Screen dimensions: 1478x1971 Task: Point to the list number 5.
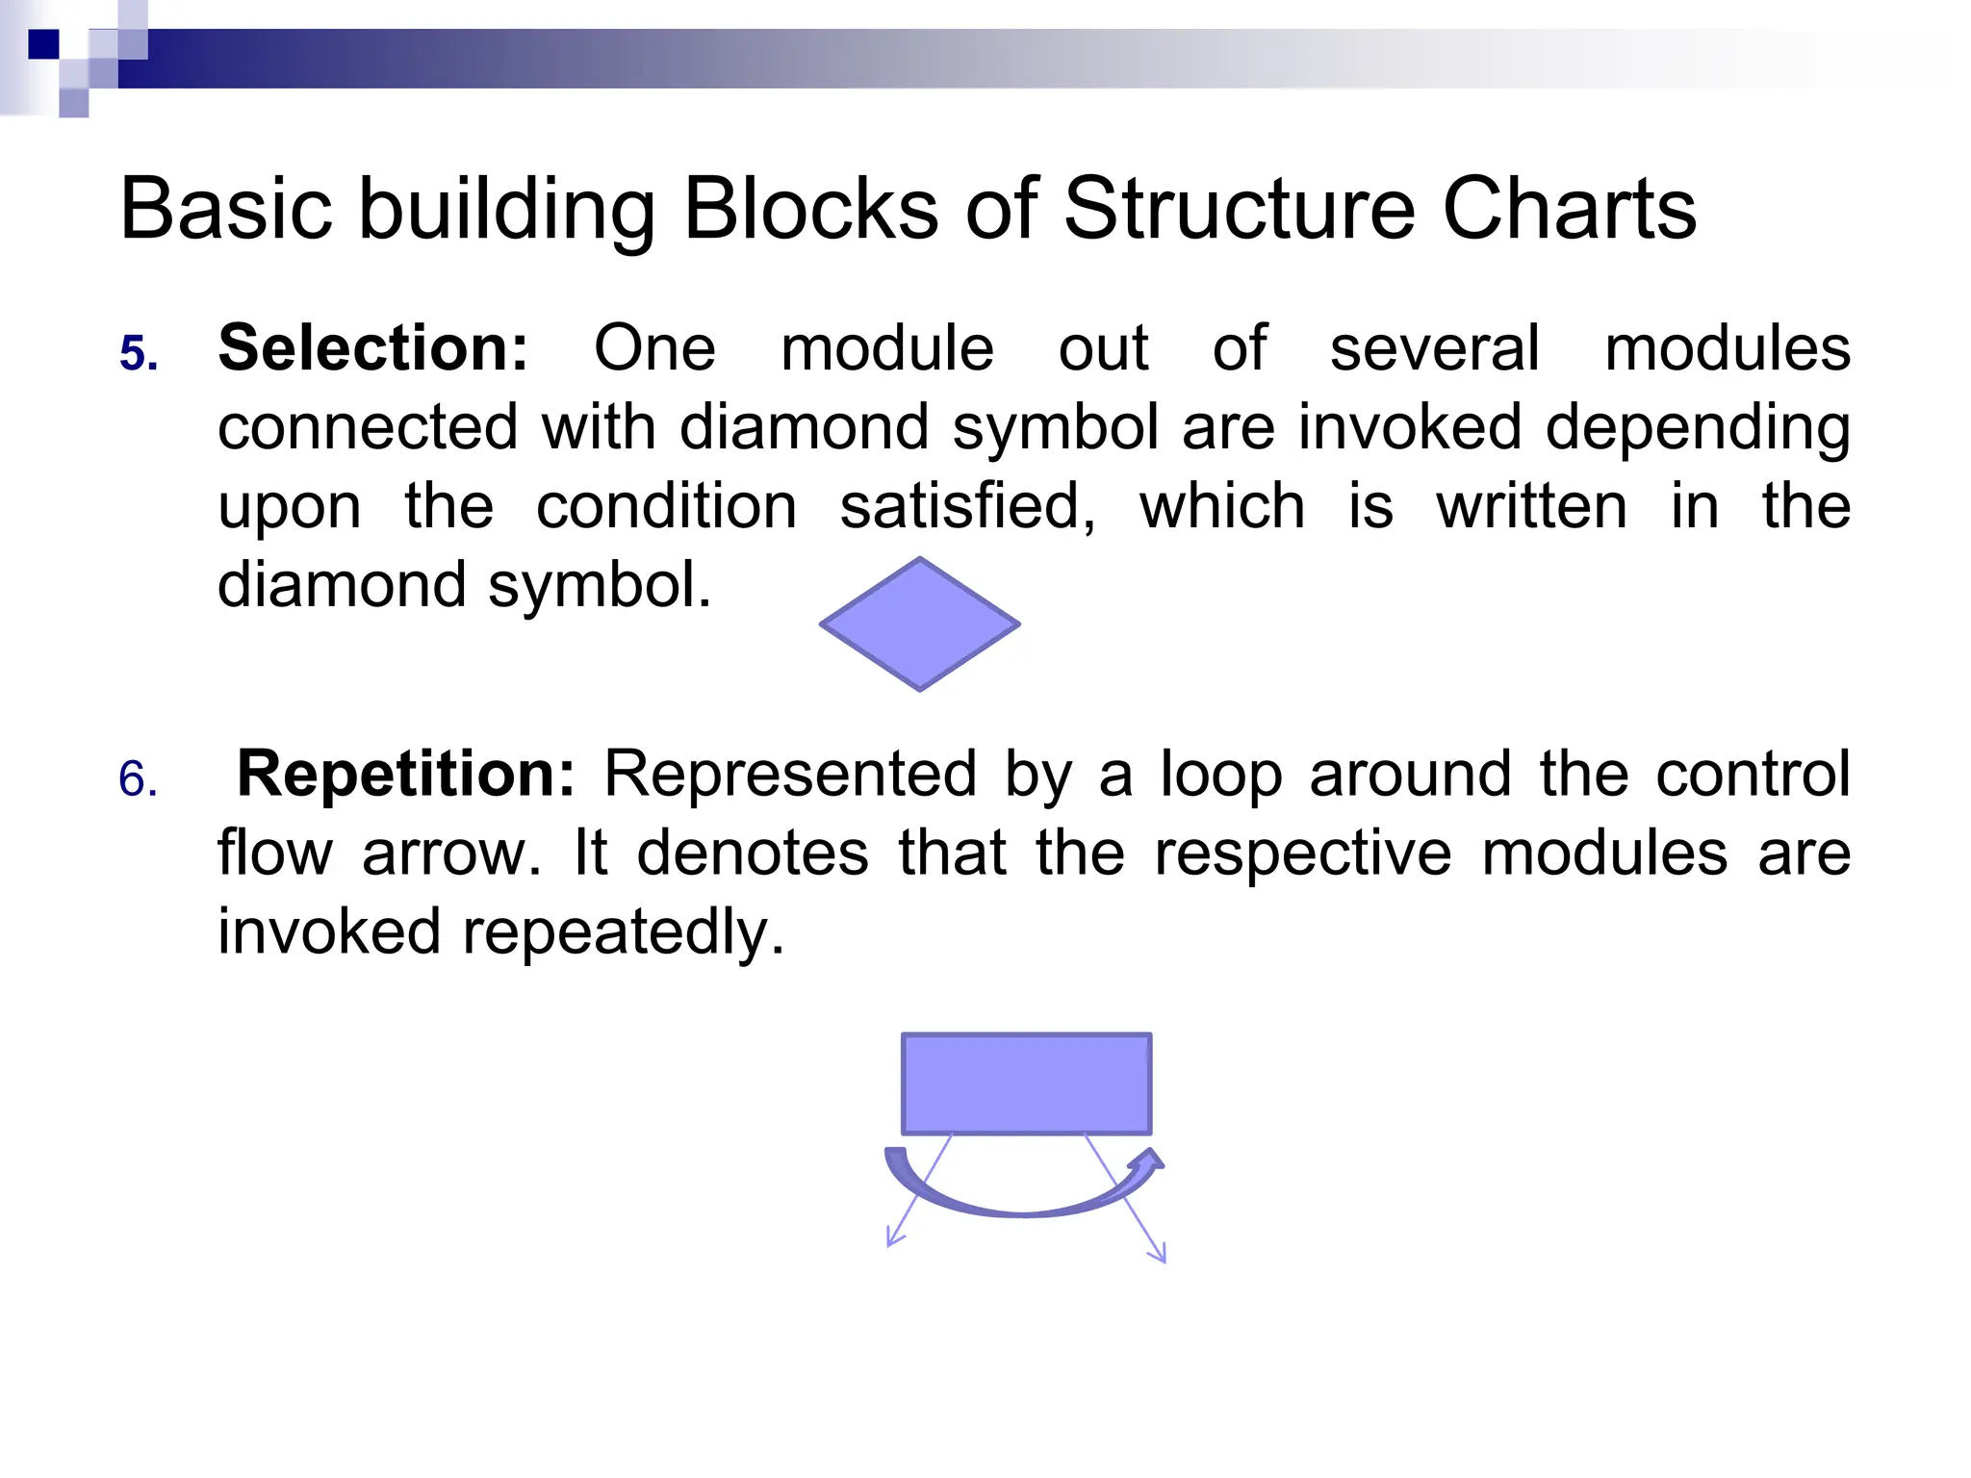point(138,354)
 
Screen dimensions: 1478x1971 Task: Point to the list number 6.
point(138,779)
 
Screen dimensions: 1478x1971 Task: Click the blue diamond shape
point(920,624)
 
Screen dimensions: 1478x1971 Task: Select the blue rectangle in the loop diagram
point(1026,1083)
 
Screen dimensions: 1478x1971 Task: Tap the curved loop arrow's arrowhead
point(1150,1159)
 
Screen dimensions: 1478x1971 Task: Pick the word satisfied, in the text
point(967,507)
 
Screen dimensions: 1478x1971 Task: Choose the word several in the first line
point(1434,347)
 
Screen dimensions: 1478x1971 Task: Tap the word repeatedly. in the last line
point(624,932)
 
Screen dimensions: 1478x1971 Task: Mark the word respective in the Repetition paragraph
point(1302,854)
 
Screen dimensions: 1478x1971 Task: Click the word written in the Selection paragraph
point(1531,507)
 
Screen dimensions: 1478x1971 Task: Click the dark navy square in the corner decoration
point(44,44)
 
